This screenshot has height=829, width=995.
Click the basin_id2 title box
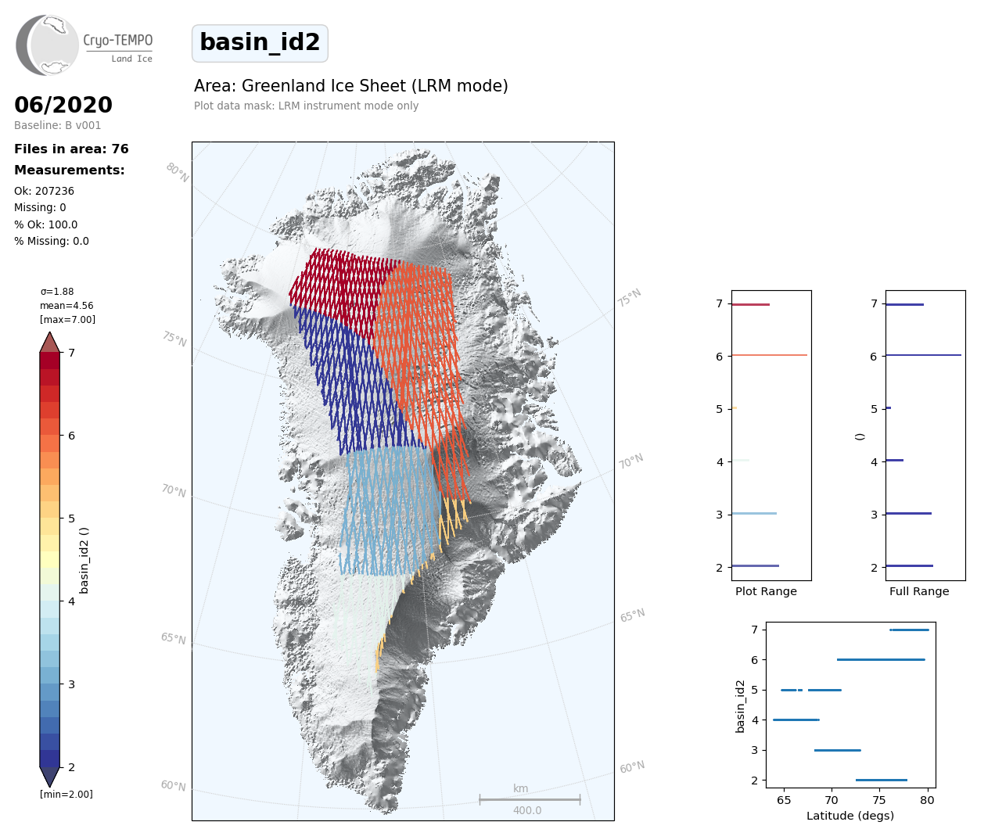[x=260, y=43]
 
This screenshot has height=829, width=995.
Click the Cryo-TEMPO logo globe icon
[x=48, y=45]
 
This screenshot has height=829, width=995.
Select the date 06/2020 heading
[x=63, y=105]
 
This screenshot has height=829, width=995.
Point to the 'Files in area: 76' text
[x=71, y=149]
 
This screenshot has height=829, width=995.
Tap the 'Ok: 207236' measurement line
[x=44, y=191]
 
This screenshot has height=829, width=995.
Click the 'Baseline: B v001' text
[x=57, y=125]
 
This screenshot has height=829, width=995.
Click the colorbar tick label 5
[x=71, y=519]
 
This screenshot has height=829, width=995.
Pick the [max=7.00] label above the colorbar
[x=67, y=320]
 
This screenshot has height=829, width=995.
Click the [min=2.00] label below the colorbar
[x=66, y=795]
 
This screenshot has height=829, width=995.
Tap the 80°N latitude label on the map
[x=177, y=173]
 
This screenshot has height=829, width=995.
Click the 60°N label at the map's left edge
[x=173, y=785]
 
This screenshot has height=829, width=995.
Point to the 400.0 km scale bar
[x=530, y=800]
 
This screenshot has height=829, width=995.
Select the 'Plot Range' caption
[x=766, y=591]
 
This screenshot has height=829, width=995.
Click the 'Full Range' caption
[x=919, y=591]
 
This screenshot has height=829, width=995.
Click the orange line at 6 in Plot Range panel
[x=770, y=355]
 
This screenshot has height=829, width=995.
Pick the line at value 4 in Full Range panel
[x=894, y=460]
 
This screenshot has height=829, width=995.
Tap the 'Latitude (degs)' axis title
[x=850, y=816]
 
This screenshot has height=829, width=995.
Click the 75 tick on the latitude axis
[x=879, y=800]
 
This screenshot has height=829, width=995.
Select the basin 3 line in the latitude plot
[x=837, y=750]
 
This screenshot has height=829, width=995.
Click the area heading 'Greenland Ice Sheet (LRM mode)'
[x=351, y=86]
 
